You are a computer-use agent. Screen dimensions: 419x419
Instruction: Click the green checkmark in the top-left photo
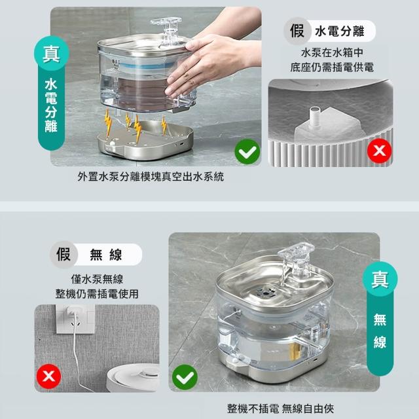coord(247,152)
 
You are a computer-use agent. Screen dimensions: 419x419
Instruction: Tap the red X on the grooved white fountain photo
coord(379,151)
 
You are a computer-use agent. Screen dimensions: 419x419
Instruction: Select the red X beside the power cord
coord(48,376)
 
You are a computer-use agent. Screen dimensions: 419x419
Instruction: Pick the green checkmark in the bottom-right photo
coord(185,377)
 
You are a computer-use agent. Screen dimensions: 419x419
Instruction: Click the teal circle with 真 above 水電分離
coord(51,53)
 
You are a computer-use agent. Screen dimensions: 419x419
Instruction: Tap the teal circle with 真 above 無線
coord(380,279)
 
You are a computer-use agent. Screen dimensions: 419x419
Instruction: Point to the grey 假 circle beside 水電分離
coord(297,31)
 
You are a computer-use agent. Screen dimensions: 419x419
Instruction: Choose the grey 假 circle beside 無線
coord(64,254)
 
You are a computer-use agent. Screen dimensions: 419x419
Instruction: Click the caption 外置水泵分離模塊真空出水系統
coord(151,177)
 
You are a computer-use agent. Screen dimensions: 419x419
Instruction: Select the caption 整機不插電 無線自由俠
coord(280,409)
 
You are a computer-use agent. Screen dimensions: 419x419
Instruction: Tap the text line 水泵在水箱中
coord(332,52)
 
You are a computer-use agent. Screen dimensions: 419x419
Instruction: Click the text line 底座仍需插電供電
coord(332,67)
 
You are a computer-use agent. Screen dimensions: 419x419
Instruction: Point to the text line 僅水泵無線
coord(97,280)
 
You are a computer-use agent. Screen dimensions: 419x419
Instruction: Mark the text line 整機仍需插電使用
coord(97,294)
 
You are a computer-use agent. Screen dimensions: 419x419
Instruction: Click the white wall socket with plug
coord(75,319)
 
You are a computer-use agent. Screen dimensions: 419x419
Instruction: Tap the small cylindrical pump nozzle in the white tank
coord(315,118)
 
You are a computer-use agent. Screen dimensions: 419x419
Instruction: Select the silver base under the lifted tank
coord(145,141)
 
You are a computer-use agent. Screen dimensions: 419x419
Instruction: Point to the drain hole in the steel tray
coord(265,293)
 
